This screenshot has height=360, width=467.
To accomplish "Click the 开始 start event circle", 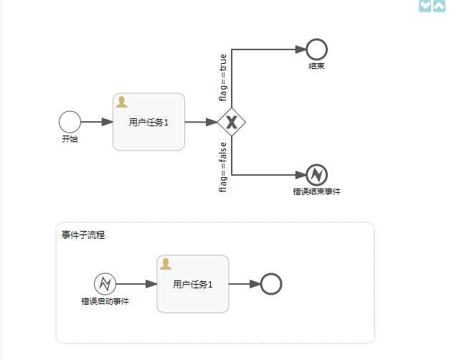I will [x=70, y=122].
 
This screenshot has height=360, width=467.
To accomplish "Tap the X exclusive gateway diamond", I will [x=231, y=122].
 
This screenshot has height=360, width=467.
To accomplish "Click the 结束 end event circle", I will [x=316, y=49].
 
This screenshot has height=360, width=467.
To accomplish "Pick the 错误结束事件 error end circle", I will [x=316, y=174].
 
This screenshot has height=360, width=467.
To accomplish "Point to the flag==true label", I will [x=223, y=76].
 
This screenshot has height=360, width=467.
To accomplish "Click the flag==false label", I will [x=223, y=167].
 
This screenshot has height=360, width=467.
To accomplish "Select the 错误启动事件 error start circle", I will [x=105, y=284].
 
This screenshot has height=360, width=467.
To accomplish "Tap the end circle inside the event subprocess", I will [x=270, y=284].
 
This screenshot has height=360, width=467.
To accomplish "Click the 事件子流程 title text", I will [x=83, y=235].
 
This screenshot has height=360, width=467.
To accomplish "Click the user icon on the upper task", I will [x=121, y=102].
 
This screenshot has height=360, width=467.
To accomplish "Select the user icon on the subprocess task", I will [x=166, y=264].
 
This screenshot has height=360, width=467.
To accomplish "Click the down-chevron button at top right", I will [x=425, y=6].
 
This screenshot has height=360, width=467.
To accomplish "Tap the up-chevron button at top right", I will [x=439, y=6].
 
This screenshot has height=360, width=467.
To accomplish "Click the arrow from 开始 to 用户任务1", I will [x=97, y=122].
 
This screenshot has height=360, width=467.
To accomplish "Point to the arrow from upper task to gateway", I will [x=202, y=122].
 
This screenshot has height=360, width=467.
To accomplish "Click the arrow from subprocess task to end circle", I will [x=245, y=284].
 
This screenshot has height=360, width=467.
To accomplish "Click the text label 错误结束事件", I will [x=316, y=191].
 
